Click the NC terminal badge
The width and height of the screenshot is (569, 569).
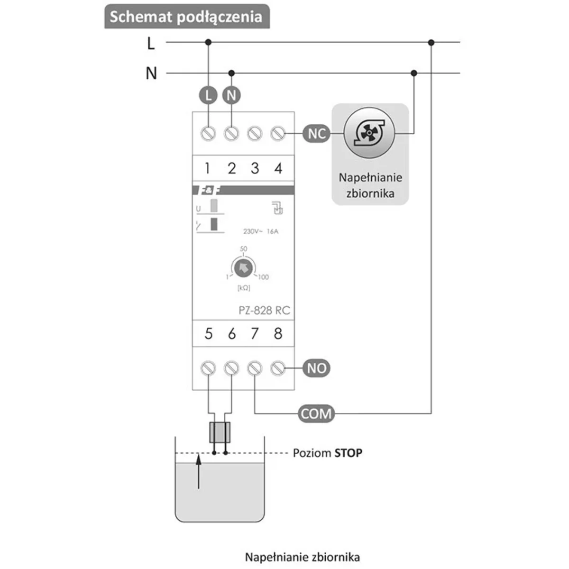click(316, 134)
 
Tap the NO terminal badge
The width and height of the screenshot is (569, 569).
click(316, 368)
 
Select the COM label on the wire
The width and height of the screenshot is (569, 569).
click(316, 413)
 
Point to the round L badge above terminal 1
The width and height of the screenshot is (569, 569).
click(208, 95)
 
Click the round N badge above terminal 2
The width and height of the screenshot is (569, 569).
click(231, 95)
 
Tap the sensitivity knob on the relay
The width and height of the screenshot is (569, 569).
click(244, 268)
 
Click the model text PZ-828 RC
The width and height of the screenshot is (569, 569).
click(264, 311)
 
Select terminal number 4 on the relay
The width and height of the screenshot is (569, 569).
click(278, 168)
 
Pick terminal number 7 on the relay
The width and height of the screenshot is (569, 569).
click(255, 334)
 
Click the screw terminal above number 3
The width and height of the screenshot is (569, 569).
click(255, 134)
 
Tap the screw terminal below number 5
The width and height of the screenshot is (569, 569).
click(208, 368)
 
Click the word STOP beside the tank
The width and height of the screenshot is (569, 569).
click(349, 453)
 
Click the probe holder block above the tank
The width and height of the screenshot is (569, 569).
click(220, 431)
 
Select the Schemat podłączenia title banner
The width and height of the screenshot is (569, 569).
click(186, 17)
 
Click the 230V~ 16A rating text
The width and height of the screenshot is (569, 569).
click(261, 231)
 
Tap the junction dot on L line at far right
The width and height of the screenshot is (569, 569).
click(431, 43)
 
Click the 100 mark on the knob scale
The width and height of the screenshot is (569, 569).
click(263, 277)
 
